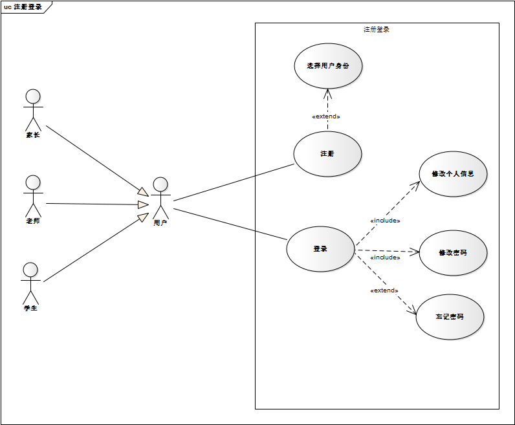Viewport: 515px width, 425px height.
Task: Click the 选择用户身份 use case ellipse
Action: tap(327, 65)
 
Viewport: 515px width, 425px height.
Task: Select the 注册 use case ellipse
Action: tap(327, 154)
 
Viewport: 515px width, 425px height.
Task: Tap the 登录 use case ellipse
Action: tap(320, 248)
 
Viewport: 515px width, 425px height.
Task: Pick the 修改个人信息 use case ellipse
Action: tap(452, 174)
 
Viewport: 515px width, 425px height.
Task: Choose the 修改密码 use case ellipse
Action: tap(452, 252)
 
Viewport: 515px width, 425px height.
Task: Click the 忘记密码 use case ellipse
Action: tap(449, 317)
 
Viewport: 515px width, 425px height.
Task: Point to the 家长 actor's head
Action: tap(33, 96)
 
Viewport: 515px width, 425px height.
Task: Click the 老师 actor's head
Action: tap(33, 182)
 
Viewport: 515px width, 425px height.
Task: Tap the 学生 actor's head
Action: tap(30, 269)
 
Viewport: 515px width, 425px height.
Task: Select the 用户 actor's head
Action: tap(160, 184)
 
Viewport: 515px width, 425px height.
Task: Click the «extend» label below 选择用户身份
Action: tap(326, 116)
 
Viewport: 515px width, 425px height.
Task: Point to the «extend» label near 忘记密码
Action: tap(384, 290)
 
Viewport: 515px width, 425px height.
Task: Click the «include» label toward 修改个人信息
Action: tap(385, 221)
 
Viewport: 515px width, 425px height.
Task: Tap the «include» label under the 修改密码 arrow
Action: tap(385, 257)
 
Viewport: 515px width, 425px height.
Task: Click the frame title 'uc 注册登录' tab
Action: tap(23, 7)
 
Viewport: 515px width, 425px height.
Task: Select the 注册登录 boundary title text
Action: tap(377, 30)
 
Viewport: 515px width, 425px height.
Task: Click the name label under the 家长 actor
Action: tap(33, 135)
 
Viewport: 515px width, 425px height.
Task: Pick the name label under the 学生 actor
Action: tap(30, 308)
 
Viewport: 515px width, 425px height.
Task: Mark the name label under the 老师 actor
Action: tap(33, 221)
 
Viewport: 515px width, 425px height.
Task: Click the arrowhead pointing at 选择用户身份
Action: tap(327, 93)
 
